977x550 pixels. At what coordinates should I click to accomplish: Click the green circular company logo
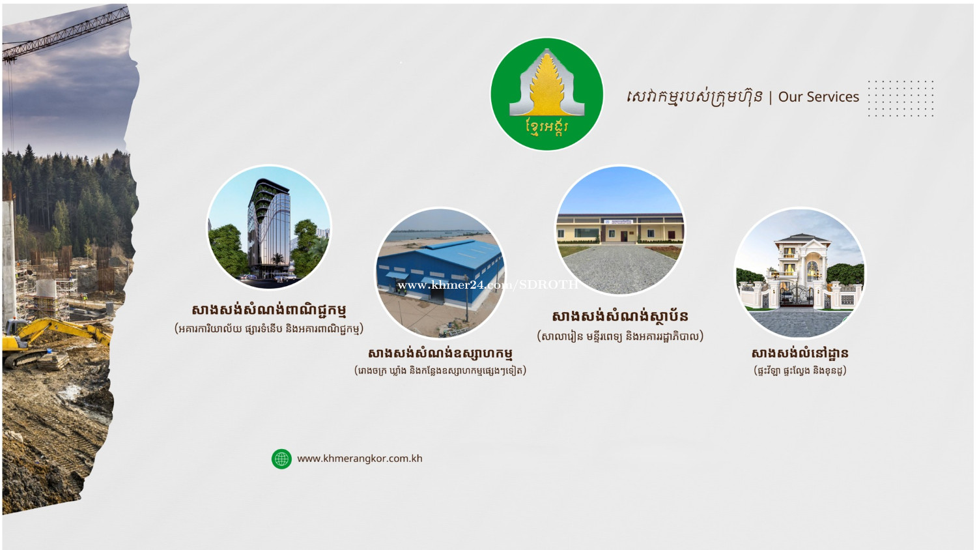(547, 94)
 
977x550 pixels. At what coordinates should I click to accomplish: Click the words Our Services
(818, 97)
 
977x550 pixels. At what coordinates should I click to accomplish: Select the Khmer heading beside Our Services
(694, 98)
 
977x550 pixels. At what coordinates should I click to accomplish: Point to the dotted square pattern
(901, 98)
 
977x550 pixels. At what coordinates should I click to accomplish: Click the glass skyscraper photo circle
(268, 227)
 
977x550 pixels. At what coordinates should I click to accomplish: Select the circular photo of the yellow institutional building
(619, 230)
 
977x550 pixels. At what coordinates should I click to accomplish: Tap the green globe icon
(282, 459)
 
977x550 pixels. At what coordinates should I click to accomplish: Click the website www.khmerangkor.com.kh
(360, 459)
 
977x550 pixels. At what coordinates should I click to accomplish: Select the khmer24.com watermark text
(488, 285)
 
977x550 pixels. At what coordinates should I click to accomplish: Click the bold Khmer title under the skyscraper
(269, 310)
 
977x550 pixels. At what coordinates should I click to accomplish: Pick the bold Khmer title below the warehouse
(440, 354)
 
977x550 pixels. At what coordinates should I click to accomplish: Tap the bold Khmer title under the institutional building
(620, 316)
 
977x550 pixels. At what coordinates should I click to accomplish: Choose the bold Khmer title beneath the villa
(800, 354)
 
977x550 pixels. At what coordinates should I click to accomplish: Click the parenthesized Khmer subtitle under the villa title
(800, 371)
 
